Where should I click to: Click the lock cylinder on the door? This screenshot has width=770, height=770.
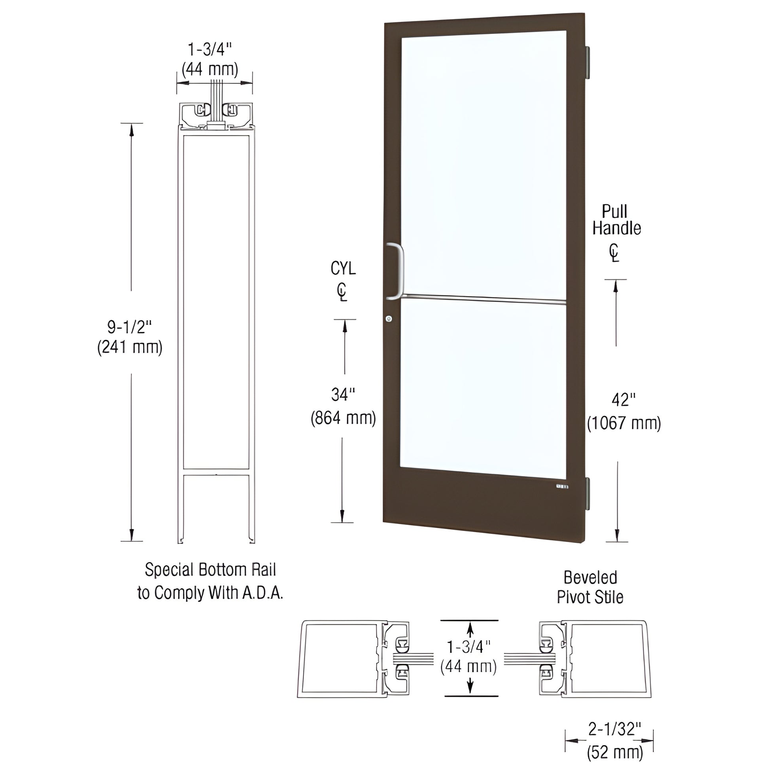pos(389,319)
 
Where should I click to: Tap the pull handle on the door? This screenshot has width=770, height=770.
pos(398,271)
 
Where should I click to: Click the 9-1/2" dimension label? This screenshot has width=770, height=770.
pos(130,327)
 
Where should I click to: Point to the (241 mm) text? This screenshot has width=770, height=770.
pos(130,347)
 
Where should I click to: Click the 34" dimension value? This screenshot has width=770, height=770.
pos(343,394)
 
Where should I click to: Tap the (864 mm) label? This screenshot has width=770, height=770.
pos(343,418)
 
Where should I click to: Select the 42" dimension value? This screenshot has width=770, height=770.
pos(623,400)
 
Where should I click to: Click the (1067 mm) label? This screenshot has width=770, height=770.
pos(624,423)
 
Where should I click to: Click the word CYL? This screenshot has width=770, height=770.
pos(343,269)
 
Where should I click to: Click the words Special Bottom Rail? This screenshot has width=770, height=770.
pos(210,569)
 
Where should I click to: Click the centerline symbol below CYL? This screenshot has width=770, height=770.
pos(342,292)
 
